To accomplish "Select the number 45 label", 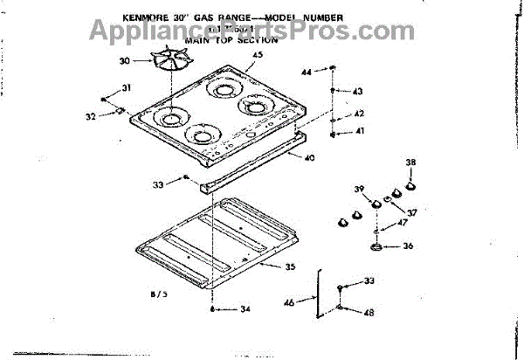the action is pos(257,55).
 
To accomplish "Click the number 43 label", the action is pos(357,92).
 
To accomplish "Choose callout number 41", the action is pos(358,131).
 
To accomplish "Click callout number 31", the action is pos(127,87).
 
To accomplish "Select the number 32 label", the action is pos(91,116).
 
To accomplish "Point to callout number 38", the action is pos(411,163).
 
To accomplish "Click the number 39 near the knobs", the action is pos(359,190).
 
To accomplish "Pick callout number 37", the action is pos(411,212).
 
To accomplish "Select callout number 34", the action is pos(245,309).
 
